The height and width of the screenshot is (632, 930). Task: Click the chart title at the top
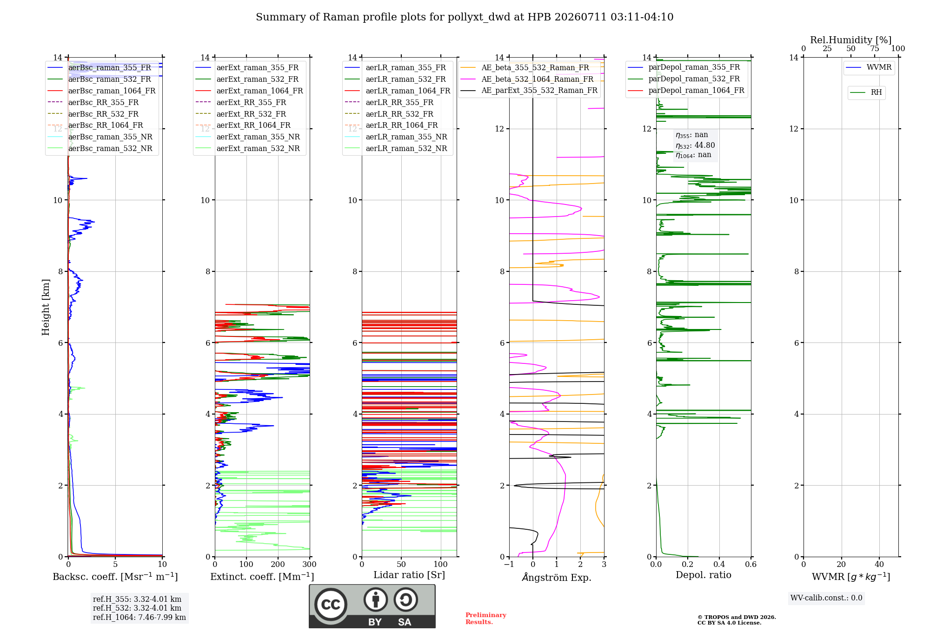[465, 17]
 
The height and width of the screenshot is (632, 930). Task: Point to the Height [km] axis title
[46, 307]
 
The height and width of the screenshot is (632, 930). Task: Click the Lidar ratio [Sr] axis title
[409, 575]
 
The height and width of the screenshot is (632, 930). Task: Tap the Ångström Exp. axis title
[557, 577]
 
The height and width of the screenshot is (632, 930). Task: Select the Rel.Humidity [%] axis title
[851, 40]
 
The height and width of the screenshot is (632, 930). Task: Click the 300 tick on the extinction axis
[309, 564]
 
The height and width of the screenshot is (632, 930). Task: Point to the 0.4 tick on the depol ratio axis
[719, 564]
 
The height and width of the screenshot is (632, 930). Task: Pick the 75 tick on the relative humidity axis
[875, 48]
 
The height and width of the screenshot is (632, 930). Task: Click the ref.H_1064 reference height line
[139, 618]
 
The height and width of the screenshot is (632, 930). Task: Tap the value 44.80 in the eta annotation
[704, 145]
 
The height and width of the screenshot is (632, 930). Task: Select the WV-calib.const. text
[826, 598]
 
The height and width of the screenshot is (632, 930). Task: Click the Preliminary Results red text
[486, 619]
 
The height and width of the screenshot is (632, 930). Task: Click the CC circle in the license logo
[331, 604]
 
